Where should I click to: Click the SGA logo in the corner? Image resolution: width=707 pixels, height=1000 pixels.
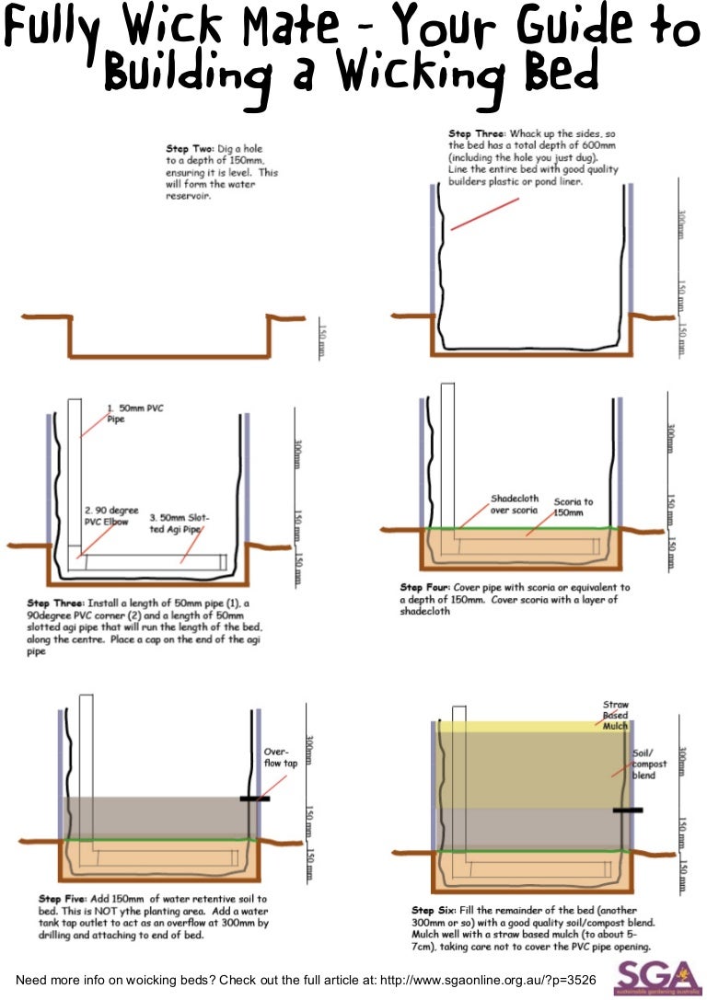656,975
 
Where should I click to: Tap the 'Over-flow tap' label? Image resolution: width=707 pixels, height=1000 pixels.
282,756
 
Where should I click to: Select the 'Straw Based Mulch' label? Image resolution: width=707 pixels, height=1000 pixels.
615,715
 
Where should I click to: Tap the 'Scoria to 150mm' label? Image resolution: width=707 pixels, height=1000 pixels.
574,507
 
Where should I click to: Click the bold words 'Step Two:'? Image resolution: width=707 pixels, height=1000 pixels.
191,148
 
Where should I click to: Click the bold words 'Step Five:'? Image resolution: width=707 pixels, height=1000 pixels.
64,898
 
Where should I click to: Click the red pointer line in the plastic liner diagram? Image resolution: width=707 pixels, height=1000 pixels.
482,213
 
